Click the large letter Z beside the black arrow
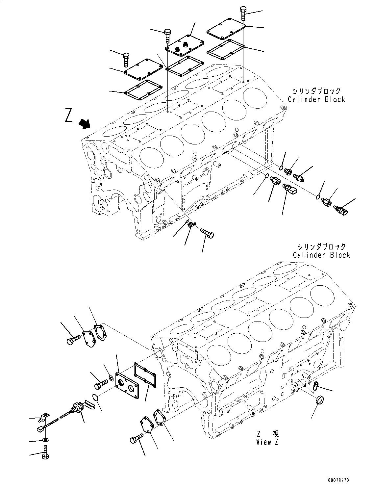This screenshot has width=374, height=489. tap(68, 116)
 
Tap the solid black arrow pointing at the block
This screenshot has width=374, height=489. tap(85, 125)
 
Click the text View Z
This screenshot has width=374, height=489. tap(267, 442)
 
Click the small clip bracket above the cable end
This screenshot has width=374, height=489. tap(43, 418)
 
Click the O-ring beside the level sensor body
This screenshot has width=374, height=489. tap(95, 398)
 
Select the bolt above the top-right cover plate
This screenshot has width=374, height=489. tap(243, 13)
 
